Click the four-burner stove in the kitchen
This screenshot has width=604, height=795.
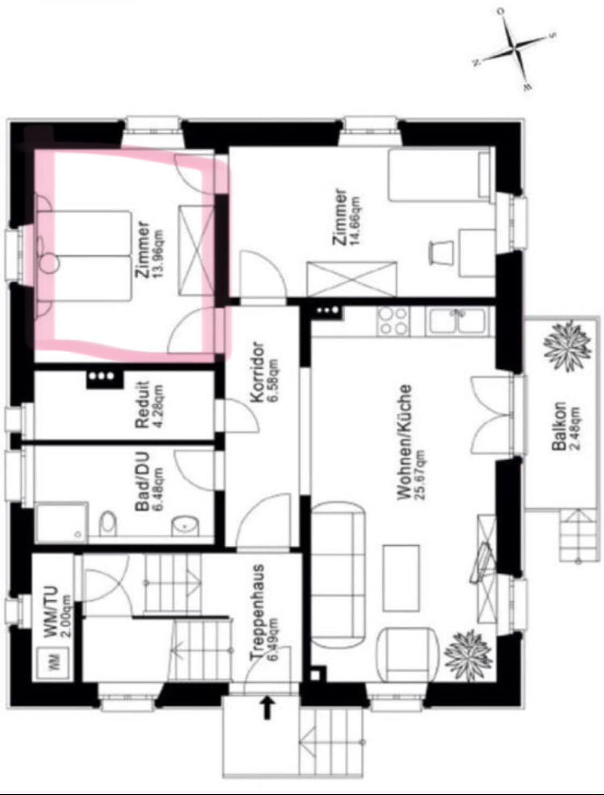tap(392, 321)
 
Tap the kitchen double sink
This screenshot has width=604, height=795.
tap(458, 321)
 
